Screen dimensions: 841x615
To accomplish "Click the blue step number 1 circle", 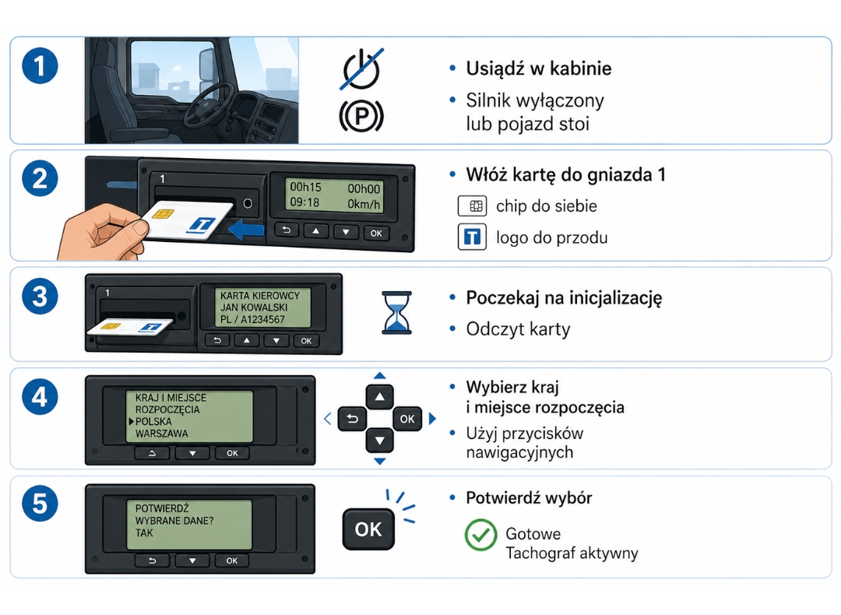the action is pyautogui.click(x=40, y=66).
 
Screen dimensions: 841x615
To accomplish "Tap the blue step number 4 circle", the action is pyautogui.click(x=40, y=397).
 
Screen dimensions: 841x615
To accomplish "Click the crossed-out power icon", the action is pyautogui.click(x=361, y=69).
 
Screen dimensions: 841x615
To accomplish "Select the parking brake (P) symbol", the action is pyautogui.click(x=361, y=116).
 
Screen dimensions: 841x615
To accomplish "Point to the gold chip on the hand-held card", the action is pyautogui.click(x=163, y=213).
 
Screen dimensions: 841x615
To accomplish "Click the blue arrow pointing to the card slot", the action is pyautogui.click(x=246, y=230).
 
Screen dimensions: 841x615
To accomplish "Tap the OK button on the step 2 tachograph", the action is pyautogui.click(x=376, y=233).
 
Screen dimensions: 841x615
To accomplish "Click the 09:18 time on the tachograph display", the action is pyautogui.click(x=304, y=202).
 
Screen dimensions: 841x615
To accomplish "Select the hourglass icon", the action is pyautogui.click(x=396, y=313).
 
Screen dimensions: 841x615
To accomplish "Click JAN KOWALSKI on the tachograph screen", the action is pyautogui.click(x=254, y=307).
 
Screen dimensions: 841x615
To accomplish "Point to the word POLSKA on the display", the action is pyautogui.click(x=153, y=421).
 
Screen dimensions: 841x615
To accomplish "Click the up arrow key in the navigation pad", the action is pyautogui.click(x=380, y=397).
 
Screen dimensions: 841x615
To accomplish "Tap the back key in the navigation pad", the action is pyautogui.click(x=353, y=419).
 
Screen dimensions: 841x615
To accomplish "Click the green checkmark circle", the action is pyautogui.click(x=480, y=535).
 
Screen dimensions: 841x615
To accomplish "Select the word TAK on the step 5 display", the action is pyautogui.click(x=144, y=532).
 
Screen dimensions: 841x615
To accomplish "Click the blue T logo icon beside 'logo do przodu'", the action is pyautogui.click(x=472, y=237).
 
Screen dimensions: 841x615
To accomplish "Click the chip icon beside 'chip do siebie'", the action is pyautogui.click(x=472, y=206).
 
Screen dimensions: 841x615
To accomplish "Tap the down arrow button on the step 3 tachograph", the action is pyautogui.click(x=276, y=340).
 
